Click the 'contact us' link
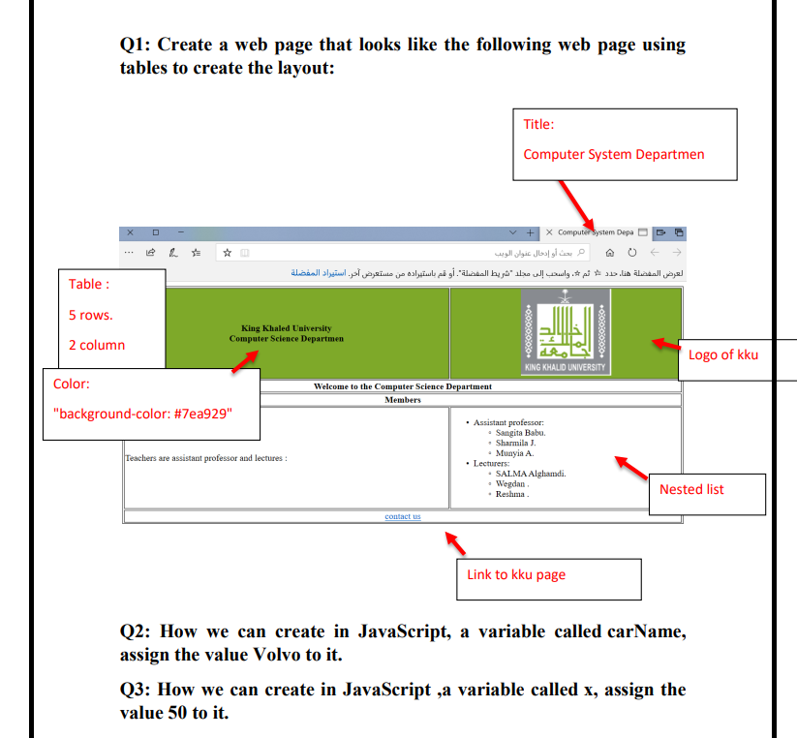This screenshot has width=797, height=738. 403,516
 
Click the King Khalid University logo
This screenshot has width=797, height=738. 566,332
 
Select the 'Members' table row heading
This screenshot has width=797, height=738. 403,399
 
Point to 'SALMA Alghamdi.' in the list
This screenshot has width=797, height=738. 531,473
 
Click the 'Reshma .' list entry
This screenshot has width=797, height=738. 512,494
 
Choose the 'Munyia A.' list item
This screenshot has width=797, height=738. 514,452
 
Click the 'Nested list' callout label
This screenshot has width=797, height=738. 691,489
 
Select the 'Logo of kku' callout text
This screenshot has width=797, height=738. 722,354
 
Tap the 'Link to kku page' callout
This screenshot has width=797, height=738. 516,574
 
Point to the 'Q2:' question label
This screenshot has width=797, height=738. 136,631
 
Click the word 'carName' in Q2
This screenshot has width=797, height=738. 646,631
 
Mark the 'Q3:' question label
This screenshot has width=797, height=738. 136,690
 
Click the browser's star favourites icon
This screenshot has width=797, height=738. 227,252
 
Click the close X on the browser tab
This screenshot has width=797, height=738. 549,232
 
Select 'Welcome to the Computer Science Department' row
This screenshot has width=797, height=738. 403,386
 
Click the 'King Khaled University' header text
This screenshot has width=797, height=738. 286,328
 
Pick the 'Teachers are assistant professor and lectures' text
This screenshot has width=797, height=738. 206,458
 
